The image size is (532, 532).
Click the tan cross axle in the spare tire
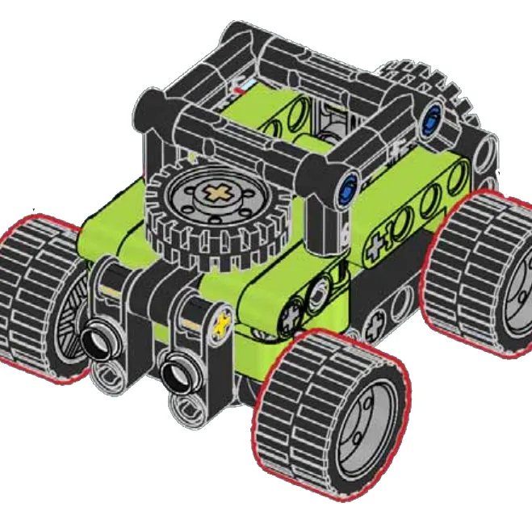point(216,194)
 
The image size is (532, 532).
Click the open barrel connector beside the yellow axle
point(179,374)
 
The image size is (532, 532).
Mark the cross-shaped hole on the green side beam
point(376,247)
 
